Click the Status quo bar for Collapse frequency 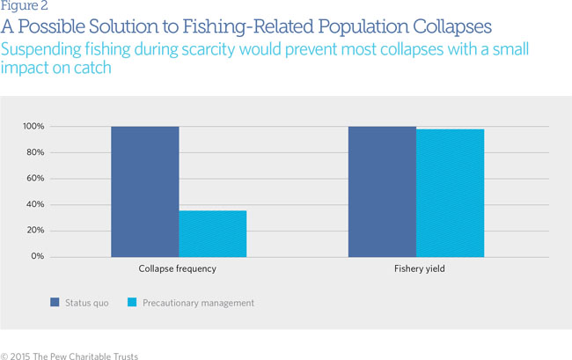point(144,192)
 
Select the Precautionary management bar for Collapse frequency point(212,233)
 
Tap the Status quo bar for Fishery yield point(382,192)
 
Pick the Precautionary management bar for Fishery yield point(450,193)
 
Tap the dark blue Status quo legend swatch point(55,303)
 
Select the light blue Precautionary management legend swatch point(132,303)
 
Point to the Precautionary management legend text point(200,303)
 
